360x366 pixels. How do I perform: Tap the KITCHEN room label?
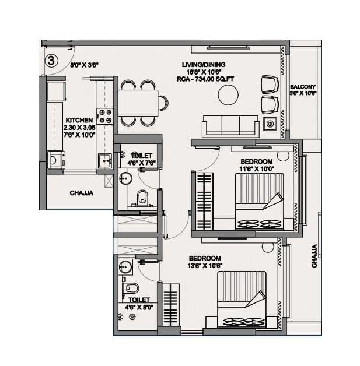(79, 119)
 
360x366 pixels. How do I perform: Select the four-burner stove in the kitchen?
(105, 116)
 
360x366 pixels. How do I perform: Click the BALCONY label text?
(303, 87)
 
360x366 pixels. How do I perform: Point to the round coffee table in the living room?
(228, 95)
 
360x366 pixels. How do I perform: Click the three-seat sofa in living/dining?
(230, 125)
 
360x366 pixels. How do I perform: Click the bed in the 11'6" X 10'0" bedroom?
(258, 201)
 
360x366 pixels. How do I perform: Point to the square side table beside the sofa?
(270, 124)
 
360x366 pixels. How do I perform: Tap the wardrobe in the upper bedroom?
(204, 201)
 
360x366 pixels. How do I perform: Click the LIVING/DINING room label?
(202, 64)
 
